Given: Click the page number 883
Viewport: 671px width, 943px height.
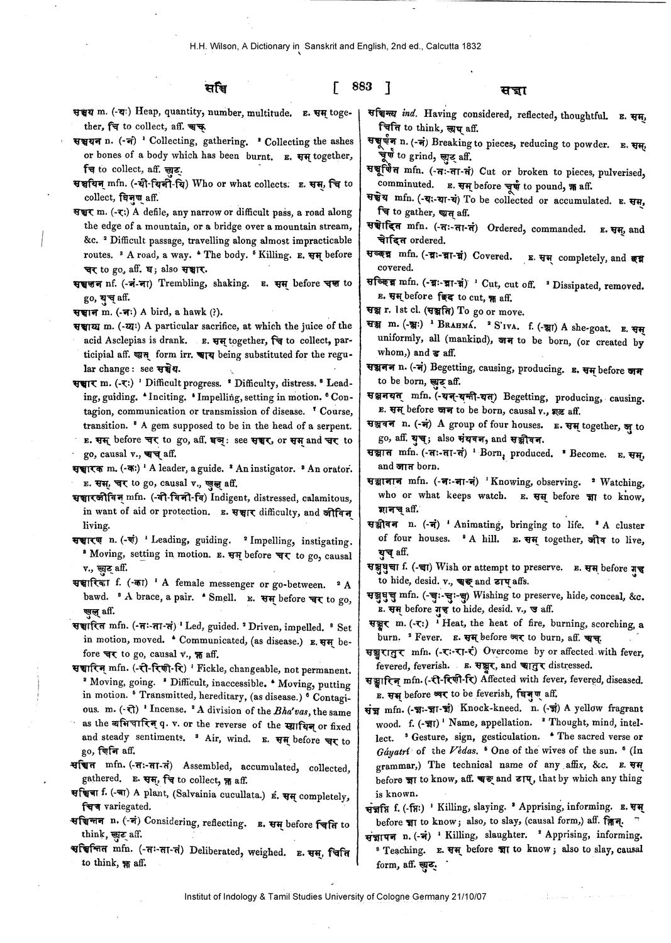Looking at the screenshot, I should click(363, 87).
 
